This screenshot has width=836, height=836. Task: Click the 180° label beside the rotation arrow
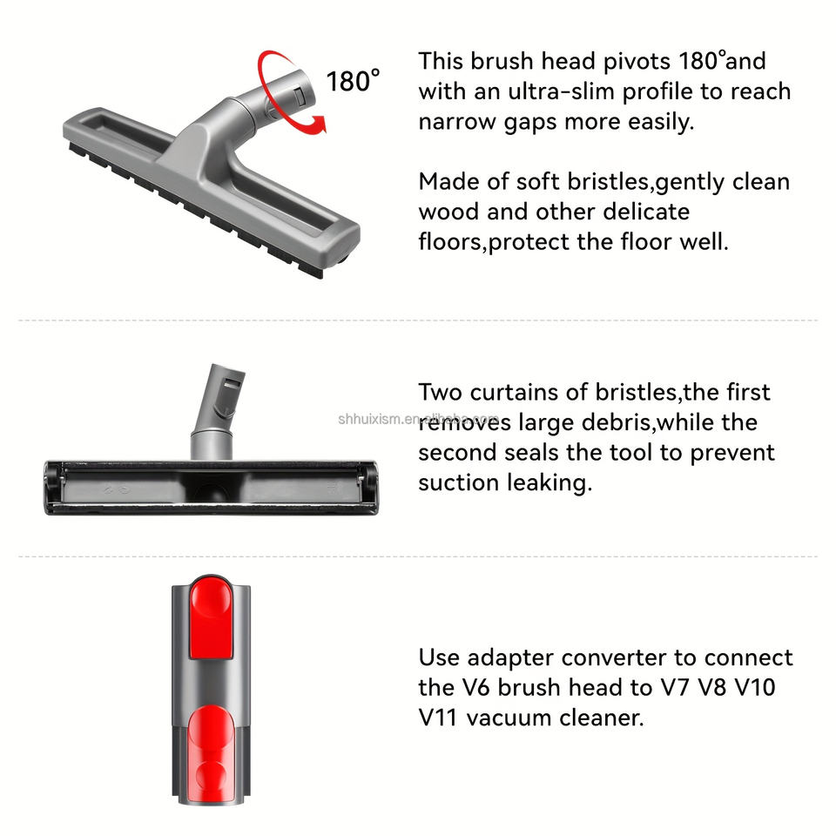coord(353,81)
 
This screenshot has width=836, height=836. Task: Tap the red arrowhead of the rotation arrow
coord(319,125)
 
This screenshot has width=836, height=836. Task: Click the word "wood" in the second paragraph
coord(449,212)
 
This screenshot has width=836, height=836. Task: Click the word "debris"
coord(616,422)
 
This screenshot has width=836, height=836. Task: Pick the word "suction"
coord(459,483)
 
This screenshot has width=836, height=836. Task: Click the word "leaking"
coord(549,483)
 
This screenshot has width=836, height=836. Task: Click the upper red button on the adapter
coord(211,618)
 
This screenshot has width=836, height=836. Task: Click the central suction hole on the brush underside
coord(212,490)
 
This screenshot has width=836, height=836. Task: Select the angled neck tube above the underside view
coord(217,410)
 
